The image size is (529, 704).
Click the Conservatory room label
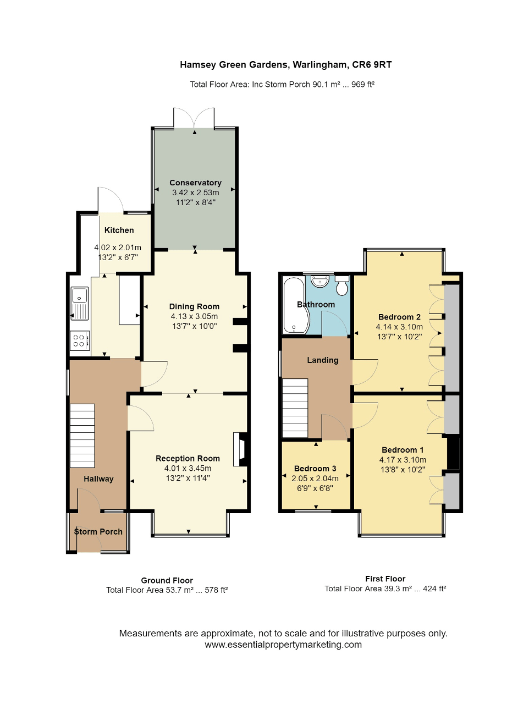pos(195,183)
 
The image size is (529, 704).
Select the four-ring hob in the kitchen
pos(80,340)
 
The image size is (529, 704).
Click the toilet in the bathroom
pos(342,285)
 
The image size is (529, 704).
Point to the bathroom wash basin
pos(319,281)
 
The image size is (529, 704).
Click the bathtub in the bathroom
pos(296,305)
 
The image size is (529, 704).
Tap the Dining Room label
pos(194,306)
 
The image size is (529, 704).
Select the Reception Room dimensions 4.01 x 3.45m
pos(188,468)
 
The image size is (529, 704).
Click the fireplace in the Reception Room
pos(240,449)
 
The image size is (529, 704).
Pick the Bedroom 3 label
pos(315,469)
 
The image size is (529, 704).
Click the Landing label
pos(323,360)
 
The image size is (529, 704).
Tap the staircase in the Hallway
pos(82,436)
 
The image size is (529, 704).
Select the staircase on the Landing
pos(295,408)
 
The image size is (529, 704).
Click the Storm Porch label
pos(98,531)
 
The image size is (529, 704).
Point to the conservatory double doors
pos(194,118)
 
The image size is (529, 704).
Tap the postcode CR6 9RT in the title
pos(372,65)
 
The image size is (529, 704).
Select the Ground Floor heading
pos(167,580)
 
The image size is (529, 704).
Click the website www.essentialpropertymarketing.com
pos(283,645)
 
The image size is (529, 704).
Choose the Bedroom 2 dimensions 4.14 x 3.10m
pos(399,327)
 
